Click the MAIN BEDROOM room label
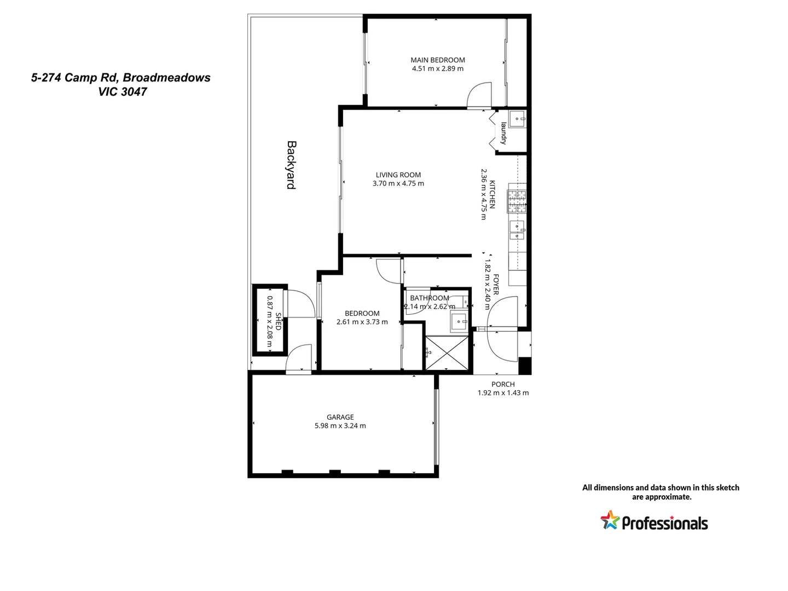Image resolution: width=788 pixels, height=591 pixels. point(438,60)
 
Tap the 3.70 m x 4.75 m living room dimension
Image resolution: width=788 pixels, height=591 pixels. point(398,184)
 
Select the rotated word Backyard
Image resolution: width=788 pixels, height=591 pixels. point(292,165)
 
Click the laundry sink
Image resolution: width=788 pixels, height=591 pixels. point(517,118)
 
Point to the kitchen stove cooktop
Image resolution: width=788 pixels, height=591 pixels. point(517,201)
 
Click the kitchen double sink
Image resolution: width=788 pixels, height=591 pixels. point(517,230)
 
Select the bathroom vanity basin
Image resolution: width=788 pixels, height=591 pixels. point(458,322)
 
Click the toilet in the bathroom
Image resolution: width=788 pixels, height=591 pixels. point(460,302)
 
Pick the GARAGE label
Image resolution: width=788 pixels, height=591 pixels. point(340,417)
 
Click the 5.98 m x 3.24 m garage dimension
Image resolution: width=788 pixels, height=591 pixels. point(340,426)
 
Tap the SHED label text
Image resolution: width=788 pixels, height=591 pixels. point(278,321)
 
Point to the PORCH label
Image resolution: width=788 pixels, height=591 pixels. point(503,384)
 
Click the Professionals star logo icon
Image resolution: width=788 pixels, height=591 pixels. point(610,520)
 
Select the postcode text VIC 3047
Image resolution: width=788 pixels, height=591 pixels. point(123,92)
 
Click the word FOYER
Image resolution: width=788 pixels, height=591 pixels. point(496,285)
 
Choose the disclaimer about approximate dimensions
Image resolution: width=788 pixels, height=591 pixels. point(660,492)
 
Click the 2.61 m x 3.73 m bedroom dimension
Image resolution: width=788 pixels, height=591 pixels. point(362,322)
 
